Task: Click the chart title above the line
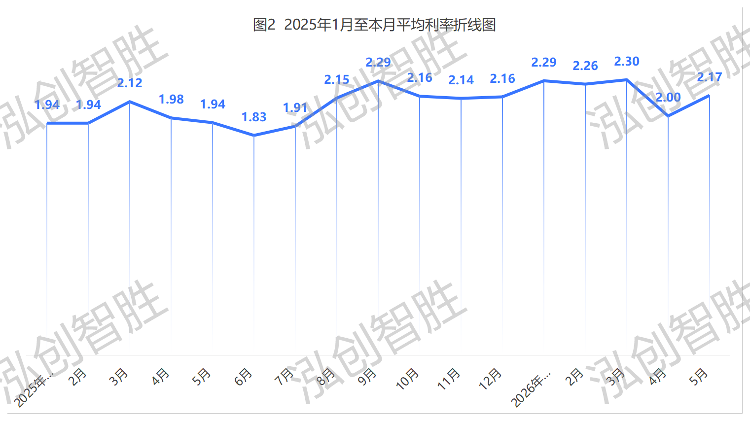point(374,25)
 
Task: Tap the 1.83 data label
point(254,117)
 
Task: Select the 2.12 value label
point(130,83)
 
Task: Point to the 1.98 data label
point(171,100)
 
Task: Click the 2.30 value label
point(627,62)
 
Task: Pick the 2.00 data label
point(668,98)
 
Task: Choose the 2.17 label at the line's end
point(710,77)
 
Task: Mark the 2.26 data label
point(585,66)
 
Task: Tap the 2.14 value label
point(461,80)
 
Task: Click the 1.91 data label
point(295,108)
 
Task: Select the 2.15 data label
point(337,80)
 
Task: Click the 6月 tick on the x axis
point(243,377)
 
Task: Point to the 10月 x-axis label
point(407,379)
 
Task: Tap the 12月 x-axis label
point(490,379)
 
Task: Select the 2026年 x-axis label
point(531,388)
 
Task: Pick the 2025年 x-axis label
point(34,388)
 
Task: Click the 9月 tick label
point(367,377)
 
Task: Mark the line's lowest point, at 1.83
point(254,136)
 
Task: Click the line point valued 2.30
point(627,80)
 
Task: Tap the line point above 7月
point(295,126)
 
